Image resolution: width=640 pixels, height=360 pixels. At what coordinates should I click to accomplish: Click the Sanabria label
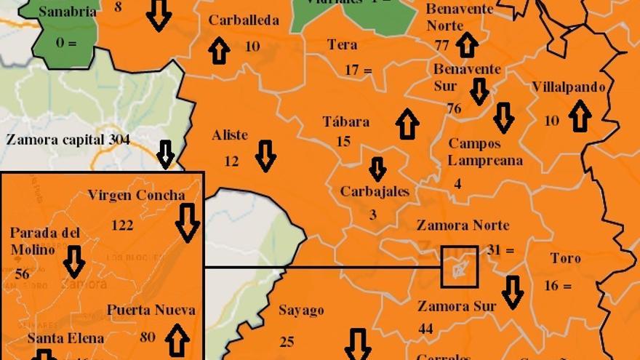[67, 12]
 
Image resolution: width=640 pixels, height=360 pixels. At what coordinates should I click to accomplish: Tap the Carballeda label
[244, 20]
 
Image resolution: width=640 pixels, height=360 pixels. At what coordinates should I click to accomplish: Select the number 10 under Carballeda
[252, 47]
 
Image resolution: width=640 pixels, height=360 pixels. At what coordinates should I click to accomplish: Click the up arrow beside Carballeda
[219, 50]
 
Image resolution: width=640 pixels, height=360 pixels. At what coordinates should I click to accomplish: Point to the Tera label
[342, 45]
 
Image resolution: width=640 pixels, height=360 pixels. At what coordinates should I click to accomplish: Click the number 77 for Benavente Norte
[442, 45]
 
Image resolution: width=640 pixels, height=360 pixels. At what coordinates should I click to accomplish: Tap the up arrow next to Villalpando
[580, 116]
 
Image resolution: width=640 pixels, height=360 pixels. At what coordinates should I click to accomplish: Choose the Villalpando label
[568, 87]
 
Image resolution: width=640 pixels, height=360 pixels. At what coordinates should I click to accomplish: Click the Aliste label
[230, 135]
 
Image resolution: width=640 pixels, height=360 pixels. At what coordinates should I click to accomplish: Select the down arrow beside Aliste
[265, 156]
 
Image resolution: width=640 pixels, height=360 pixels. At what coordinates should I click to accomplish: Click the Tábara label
[346, 121]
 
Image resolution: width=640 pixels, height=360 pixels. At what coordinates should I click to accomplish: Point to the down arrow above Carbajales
[377, 169]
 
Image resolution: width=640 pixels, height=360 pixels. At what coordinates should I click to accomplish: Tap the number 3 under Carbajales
[373, 215]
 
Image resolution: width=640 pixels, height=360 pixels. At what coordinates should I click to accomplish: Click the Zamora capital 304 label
[68, 140]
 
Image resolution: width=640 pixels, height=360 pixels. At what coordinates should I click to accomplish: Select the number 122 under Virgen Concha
[122, 225]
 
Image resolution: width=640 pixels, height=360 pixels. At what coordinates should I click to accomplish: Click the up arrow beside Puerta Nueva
[177, 340]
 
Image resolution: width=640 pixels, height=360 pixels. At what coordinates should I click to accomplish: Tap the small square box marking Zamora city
[460, 266]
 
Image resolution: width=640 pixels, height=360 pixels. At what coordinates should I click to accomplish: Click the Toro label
[565, 258]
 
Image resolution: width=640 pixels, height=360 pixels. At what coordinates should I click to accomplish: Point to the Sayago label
[301, 311]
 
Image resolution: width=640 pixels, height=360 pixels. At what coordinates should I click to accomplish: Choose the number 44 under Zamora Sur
[425, 329]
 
